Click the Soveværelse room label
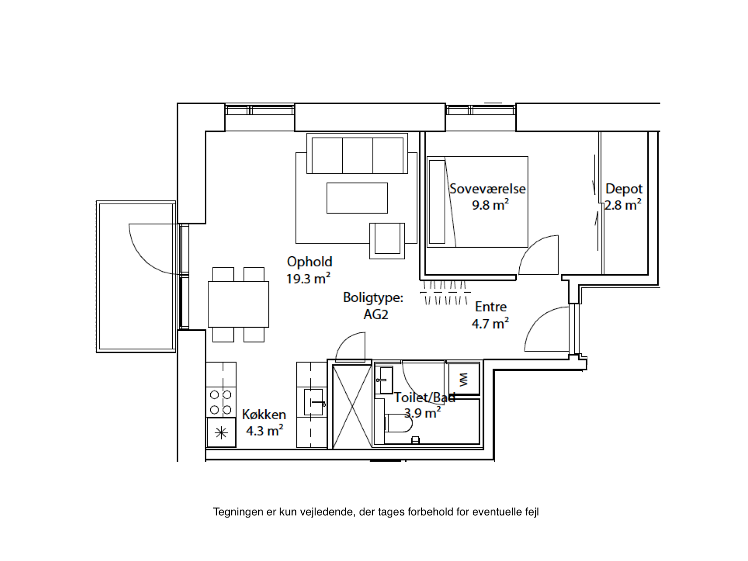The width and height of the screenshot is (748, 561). pos(488,189)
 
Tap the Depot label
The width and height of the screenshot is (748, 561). pos(624,189)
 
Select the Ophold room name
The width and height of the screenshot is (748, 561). pos(310,262)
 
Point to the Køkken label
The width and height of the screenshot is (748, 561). pos(264,414)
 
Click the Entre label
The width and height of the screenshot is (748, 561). pos(491,307)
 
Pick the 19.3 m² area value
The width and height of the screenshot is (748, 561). pos(308,278)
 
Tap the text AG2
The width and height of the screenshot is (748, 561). pos(376,314)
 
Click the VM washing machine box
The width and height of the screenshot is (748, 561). pos(464,379)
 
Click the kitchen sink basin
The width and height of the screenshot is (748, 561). pos(313,402)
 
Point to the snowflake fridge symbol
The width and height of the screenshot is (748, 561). pos(221,433)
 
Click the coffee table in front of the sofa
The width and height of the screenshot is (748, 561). pos(357,198)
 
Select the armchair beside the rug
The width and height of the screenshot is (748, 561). pos(387,241)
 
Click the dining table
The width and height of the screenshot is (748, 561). pos(238,304)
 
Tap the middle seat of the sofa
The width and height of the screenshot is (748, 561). pos(357,155)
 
